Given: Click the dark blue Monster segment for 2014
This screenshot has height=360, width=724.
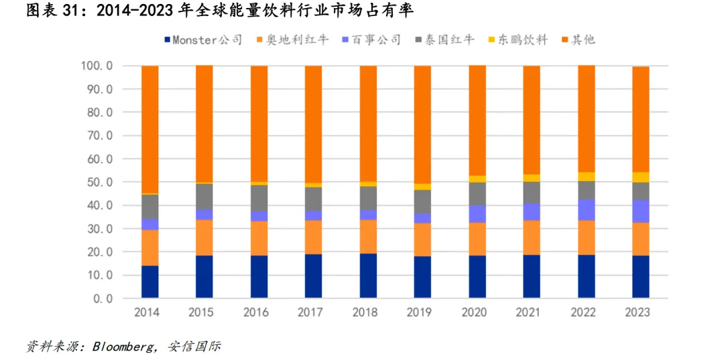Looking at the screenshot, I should (x=149, y=282).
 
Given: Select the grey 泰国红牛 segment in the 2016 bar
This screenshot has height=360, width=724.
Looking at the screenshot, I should (x=259, y=198).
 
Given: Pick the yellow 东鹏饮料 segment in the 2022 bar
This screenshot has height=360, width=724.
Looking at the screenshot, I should (x=587, y=176).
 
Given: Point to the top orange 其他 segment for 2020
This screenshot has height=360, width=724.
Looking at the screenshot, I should (x=477, y=121).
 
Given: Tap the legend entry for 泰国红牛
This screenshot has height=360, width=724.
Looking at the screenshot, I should (x=445, y=40).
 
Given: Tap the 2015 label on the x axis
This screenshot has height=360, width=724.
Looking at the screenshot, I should (x=204, y=313).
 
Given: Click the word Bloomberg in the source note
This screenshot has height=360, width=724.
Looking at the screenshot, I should (x=124, y=347).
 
